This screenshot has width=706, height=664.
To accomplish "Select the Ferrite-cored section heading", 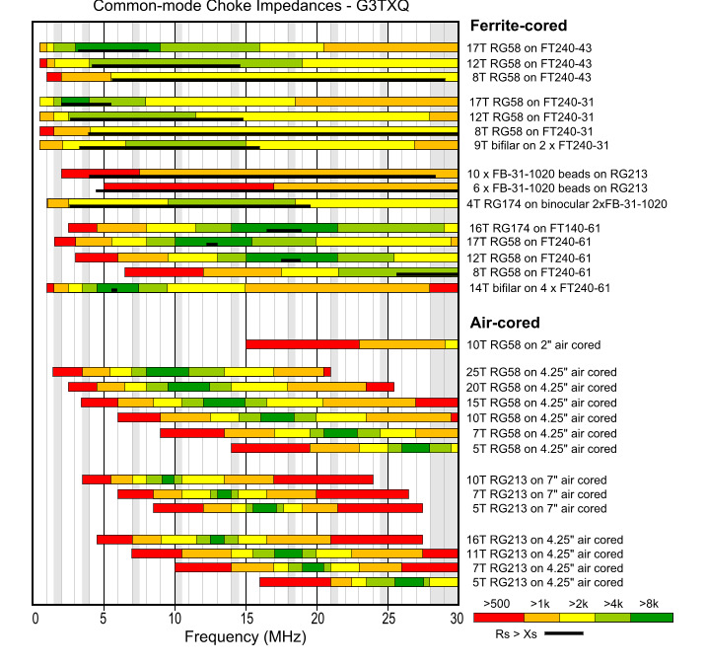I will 519,26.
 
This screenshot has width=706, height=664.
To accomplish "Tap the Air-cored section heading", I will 504,323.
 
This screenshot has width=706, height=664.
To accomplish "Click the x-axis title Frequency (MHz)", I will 246,637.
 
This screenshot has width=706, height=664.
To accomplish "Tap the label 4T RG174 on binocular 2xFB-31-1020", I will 567,204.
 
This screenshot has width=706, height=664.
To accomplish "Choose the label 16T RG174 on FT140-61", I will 532,228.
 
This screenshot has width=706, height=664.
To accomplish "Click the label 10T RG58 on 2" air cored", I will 533,344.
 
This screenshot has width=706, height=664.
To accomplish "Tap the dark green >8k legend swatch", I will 652,617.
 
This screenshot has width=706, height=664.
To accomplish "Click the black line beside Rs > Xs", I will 563,633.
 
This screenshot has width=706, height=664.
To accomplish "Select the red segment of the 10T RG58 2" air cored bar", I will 302,344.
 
